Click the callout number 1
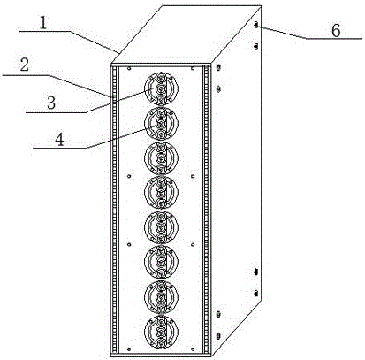[x=43, y=24]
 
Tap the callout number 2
[x=25, y=65]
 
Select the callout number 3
[x=51, y=103]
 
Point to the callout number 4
[x=60, y=140]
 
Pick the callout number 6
[x=336, y=31]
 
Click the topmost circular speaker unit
[x=161, y=88]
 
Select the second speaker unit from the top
[x=161, y=124]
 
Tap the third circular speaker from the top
[x=161, y=158]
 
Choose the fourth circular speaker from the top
[x=161, y=193]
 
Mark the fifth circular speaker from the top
[x=161, y=227]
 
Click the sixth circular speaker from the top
[x=161, y=262]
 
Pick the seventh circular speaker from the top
[x=161, y=296]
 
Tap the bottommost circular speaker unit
[x=161, y=332]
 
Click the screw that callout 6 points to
[x=256, y=25]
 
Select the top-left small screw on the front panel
[x=129, y=69]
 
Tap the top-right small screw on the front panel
[x=193, y=69]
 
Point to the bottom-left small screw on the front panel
[x=129, y=349]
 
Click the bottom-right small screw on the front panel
[x=193, y=349]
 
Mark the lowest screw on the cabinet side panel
[x=218, y=336]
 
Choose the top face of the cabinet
[x=186, y=34]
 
